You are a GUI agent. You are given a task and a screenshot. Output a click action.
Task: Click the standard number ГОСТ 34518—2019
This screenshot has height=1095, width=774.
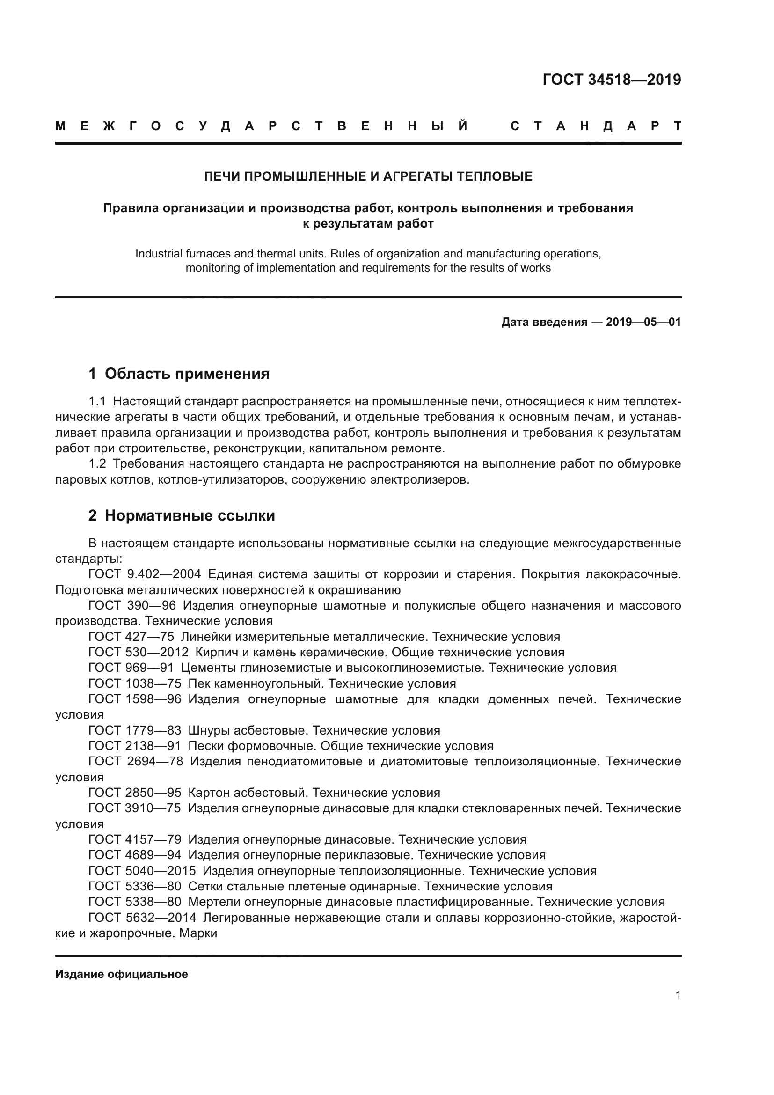[x=612, y=80]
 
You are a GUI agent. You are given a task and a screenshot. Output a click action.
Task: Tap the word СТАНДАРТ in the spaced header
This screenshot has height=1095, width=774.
[x=595, y=126]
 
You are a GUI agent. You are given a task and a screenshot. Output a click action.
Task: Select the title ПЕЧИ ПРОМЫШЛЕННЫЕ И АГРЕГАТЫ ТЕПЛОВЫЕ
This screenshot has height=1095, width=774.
[x=368, y=177]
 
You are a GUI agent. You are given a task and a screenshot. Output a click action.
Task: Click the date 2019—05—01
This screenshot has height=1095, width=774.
[x=643, y=323]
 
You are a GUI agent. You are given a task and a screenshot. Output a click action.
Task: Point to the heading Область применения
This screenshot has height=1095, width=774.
[x=187, y=374]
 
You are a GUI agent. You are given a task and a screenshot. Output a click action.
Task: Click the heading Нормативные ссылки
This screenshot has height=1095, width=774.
[x=190, y=516]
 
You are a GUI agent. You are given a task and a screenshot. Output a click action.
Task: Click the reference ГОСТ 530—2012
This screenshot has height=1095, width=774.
[x=138, y=653]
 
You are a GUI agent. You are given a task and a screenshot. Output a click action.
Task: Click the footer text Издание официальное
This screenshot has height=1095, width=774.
[x=122, y=974]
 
